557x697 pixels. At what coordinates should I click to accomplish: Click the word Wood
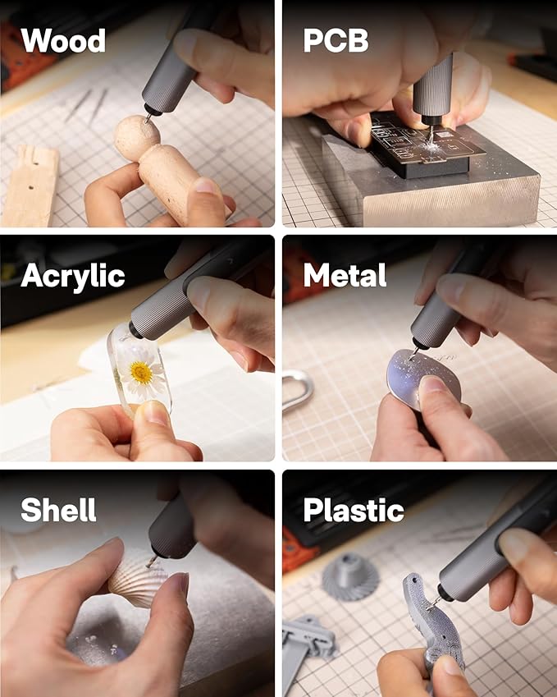pos(63,40)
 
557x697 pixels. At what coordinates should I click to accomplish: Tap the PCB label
pos(336,40)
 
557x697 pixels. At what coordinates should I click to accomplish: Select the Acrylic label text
pos(73,276)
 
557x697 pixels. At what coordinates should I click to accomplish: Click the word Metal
pos(345,276)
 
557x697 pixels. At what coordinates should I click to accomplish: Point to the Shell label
pos(58,510)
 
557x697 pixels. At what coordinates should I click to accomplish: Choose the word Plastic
pos(354,510)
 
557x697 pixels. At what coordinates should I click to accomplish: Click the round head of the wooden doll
pos(135,136)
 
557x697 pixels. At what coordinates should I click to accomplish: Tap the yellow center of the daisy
pos(141,374)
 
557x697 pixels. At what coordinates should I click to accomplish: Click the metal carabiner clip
pos(298,389)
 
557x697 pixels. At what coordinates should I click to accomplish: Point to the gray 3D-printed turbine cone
pos(350,575)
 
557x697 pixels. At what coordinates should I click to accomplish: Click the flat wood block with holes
pos(30,185)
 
